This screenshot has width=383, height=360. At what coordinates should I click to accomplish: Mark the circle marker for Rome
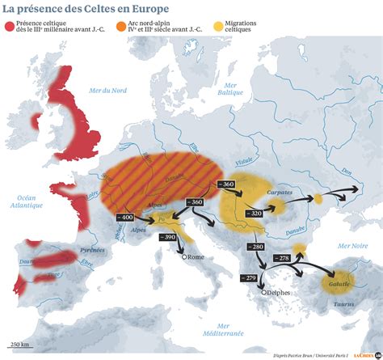click(184, 257)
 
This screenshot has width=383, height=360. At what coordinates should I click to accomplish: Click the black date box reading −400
click(126, 218)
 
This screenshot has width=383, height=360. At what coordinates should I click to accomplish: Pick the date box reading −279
click(249, 278)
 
